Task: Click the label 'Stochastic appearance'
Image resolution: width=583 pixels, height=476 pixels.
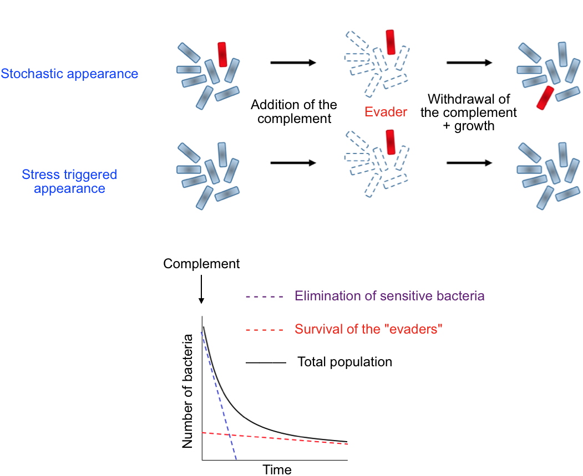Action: pyautogui.click(x=69, y=74)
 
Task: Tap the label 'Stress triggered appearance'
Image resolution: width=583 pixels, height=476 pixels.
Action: pyautogui.click(x=69, y=181)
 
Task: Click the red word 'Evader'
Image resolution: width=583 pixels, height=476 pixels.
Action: pyautogui.click(x=386, y=112)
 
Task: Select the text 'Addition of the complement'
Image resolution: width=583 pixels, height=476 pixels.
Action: pyautogui.click(x=294, y=111)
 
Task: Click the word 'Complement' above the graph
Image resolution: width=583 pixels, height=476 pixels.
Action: pyautogui.click(x=201, y=264)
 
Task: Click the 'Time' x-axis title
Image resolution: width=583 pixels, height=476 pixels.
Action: pyautogui.click(x=277, y=469)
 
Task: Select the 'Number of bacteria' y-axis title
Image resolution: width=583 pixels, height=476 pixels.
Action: pyautogui.click(x=187, y=391)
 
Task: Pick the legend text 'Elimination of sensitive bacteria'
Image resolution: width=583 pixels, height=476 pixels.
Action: pyautogui.click(x=389, y=296)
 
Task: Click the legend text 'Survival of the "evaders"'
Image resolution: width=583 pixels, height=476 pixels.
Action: pyautogui.click(x=369, y=329)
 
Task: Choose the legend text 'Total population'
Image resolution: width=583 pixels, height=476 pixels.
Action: pyautogui.click(x=344, y=362)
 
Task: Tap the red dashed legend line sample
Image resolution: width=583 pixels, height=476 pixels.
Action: pyautogui.click(x=265, y=330)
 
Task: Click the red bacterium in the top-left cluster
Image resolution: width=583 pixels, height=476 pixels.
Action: pyautogui.click(x=222, y=54)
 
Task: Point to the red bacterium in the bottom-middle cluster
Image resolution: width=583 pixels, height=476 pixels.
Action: pyautogui.click(x=391, y=142)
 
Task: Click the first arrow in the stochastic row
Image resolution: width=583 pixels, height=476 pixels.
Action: pyautogui.click(x=293, y=63)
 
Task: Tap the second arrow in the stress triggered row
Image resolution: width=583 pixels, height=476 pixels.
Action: pyautogui.click(x=469, y=163)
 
